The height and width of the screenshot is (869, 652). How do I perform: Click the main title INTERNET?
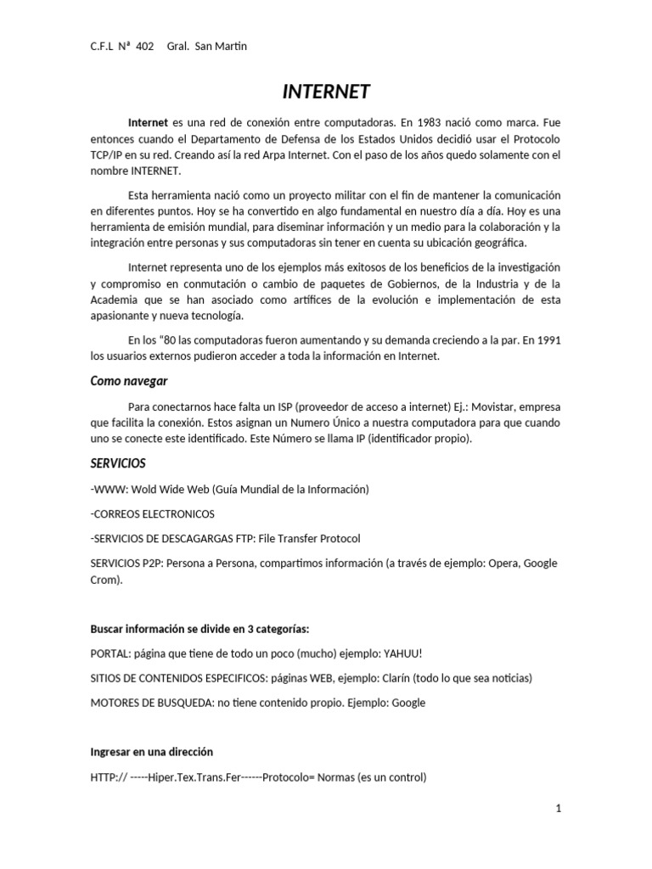pos(326,91)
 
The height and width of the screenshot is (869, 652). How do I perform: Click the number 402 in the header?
pos(144,46)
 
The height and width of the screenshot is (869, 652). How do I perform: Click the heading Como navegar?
pos(129,381)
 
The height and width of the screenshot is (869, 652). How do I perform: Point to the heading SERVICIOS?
pos(118,463)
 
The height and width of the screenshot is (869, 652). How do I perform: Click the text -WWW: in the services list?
pos(108,489)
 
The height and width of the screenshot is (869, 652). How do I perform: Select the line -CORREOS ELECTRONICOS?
pos(153,513)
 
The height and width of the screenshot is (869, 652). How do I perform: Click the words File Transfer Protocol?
pos(309,538)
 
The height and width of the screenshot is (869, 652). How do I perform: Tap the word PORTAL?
pos(110,653)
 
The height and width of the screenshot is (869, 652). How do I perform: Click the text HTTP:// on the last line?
pos(109,776)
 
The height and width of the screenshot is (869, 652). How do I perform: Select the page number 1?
pos(559,809)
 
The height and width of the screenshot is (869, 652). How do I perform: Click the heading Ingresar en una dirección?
pos(151,752)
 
